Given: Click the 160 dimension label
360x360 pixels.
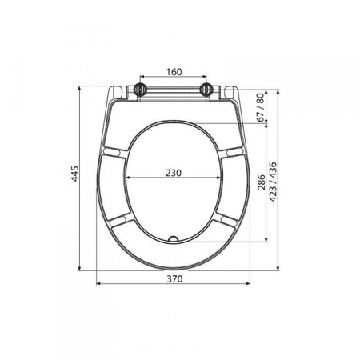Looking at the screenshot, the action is point(174,72).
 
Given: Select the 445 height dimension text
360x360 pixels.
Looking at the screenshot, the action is point(75,174).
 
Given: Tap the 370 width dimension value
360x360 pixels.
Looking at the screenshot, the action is point(175,278).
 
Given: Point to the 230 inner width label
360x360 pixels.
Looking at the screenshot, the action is point(174,173).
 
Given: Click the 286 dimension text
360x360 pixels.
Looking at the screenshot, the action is point(262,182).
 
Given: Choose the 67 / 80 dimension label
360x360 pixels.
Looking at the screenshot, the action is point(261,107).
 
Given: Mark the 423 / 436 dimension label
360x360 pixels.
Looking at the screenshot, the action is point(273,182).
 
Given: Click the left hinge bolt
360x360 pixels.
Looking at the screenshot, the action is point(140,89).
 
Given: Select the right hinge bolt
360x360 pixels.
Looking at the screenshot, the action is point(206,89).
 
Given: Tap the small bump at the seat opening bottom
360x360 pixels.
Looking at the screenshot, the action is point(174,238).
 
